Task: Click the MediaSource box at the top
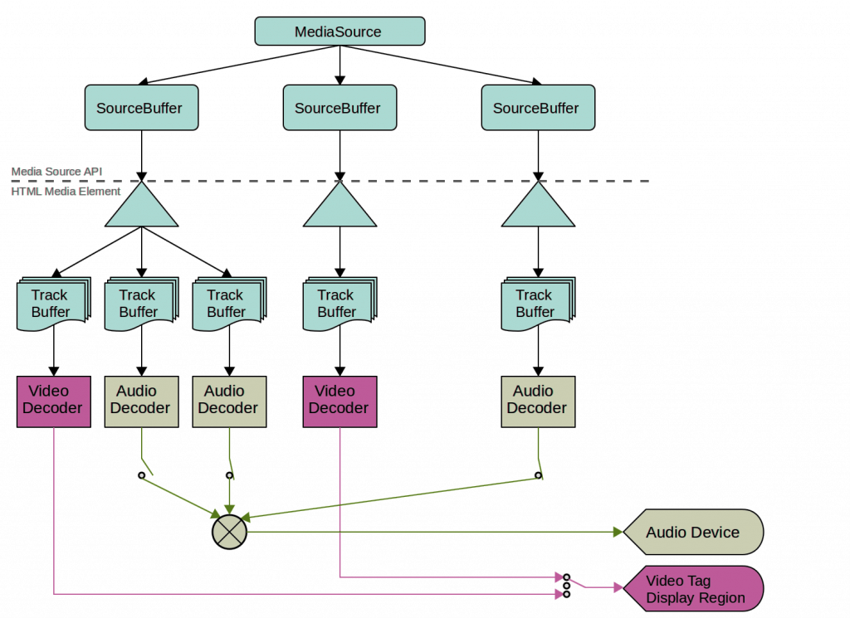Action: [x=339, y=32]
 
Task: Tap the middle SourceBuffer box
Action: [x=339, y=108]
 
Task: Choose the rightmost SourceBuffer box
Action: [x=537, y=108]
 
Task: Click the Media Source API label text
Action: [x=56, y=171]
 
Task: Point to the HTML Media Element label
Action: [x=66, y=192]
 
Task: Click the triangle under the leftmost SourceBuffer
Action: [x=141, y=209]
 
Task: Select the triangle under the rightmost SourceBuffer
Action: [x=538, y=209]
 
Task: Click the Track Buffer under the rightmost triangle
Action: [x=535, y=304]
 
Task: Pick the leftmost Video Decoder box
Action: [x=53, y=401]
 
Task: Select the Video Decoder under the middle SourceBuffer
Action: [x=340, y=401]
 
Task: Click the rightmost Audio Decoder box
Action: [x=537, y=401]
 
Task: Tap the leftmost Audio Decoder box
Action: [x=141, y=401]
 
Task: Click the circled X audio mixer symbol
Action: [x=229, y=531]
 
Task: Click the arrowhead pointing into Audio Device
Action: [x=617, y=533]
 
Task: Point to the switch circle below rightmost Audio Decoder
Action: [x=538, y=475]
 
